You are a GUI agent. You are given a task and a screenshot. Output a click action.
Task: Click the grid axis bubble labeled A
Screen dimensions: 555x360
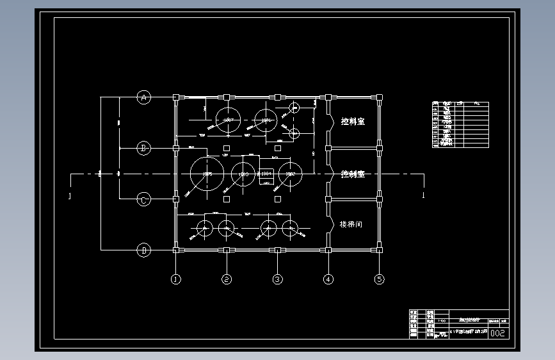[144, 97]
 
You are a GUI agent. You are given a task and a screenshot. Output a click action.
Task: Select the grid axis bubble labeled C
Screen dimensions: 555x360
[144, 200]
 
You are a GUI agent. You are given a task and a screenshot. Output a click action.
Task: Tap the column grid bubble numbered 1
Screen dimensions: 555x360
[175, 279]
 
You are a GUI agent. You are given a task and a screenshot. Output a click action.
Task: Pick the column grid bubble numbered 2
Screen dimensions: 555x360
[226, 279]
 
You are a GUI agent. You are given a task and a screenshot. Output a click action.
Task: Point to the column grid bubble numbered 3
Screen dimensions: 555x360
[277, 279]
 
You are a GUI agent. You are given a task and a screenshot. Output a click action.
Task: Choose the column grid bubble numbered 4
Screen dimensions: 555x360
[328, 279]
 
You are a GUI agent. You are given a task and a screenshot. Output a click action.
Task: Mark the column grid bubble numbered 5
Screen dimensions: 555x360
[380, 279]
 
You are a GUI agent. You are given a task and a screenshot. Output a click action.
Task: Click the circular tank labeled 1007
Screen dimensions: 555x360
[227, 120]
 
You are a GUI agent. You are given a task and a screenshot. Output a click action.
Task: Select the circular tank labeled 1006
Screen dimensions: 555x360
[266, 120]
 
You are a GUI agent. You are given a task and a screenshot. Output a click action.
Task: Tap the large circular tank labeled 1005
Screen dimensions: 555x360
[207, 174]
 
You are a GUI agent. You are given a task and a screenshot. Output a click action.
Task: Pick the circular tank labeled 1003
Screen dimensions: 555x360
[243, 174]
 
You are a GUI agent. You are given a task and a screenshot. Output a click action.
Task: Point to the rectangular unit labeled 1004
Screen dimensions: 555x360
[266, 174]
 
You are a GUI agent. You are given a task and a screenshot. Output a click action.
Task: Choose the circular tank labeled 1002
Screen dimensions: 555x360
[290, 174]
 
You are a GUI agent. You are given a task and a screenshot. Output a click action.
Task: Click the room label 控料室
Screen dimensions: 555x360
[353, 122]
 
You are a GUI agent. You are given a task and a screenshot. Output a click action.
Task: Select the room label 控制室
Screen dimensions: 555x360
[353, 174]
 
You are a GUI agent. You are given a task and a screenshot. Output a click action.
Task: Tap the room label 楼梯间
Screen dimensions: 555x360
[351, 225]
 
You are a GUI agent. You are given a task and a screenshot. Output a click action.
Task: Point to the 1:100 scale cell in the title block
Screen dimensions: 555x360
[442, 322]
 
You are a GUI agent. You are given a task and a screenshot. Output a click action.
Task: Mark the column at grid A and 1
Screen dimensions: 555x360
[175, 97]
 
